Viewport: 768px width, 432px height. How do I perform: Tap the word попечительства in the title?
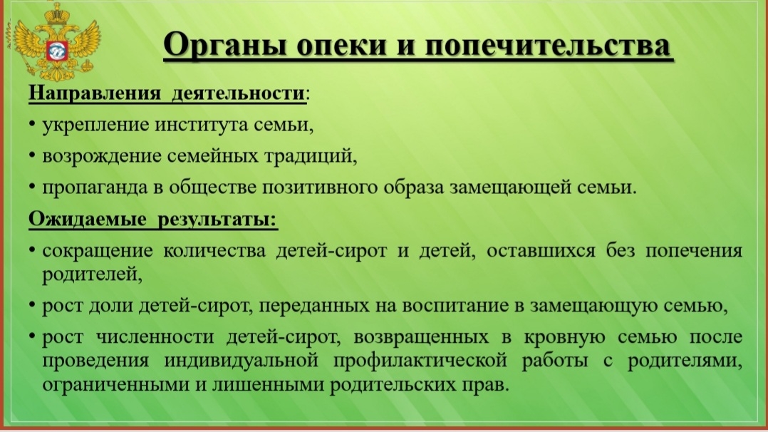547,45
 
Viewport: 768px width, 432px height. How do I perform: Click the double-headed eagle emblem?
56,42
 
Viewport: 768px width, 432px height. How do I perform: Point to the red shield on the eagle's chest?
56,51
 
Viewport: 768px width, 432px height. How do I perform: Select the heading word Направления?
95,93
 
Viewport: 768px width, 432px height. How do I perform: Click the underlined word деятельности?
239,93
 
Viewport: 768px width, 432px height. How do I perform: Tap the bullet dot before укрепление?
32,123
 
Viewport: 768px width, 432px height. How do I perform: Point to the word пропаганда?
95,187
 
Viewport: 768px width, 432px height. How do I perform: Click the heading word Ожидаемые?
87,219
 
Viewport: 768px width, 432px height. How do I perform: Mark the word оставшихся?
541,250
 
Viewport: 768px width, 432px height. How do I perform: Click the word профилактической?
420,361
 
